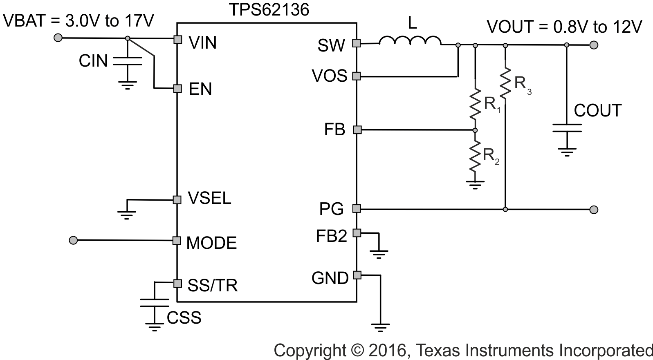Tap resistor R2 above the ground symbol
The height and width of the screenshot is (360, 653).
pyautogui.click(x=475, y=156)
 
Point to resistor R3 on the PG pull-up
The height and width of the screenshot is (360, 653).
pyautogui.click(x=505, y=83)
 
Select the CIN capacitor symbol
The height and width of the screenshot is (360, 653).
pyautogui.click(x=127, y=61)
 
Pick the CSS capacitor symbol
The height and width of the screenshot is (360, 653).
pyautogui.click(x=155, y=302)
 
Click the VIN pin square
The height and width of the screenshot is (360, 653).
pyautogui.click(x=177, y=39)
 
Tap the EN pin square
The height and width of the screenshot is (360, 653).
pyautogui.click(x=177, y=88)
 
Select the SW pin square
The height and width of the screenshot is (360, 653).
pyautogui.click(x=357, y=43)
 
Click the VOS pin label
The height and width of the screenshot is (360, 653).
pyautogui.click(x=329, y=76)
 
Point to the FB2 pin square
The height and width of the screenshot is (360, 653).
pyautogui.click(x=357, y=233)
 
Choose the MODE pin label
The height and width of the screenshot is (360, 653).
pyautogui.click(x=211, y=243)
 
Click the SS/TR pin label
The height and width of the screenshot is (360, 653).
pyautogui.click(x=212, y=285)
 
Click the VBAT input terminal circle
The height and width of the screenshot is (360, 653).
pyautogui.click(x=58, y=38)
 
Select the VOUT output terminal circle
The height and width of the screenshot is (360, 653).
pyautogui.click(x=594, y=45)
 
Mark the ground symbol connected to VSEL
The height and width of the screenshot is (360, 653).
pyautogui.click(x=127, y=214)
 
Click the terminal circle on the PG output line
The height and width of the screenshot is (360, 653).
pyautogui.click(x=594, y=210)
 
